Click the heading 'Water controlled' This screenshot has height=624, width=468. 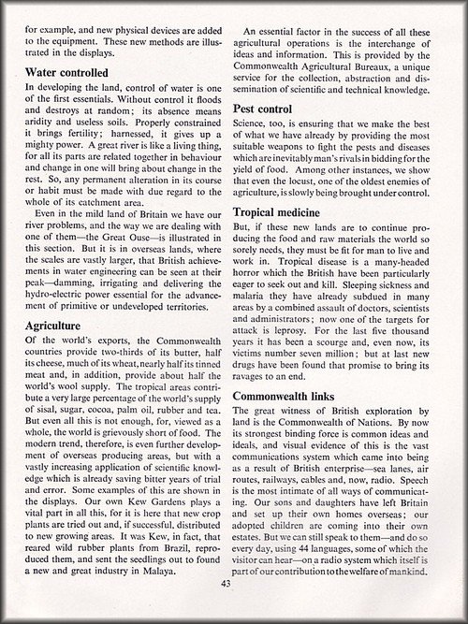tap(70, 71)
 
